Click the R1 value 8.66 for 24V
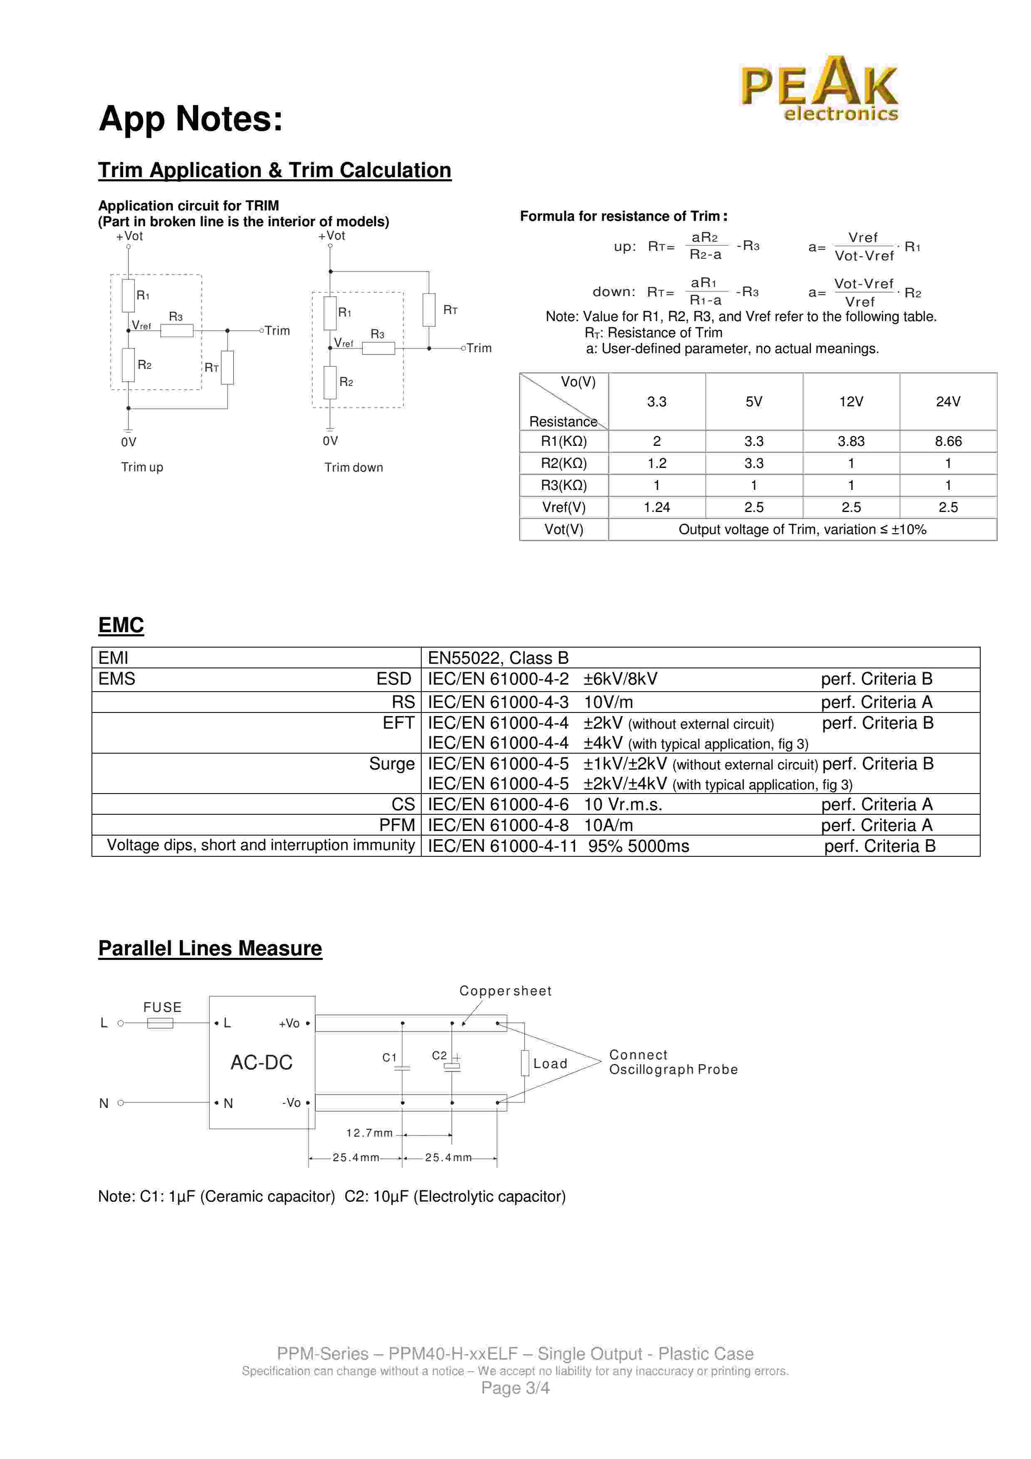point(948,441)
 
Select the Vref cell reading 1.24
point(656,507)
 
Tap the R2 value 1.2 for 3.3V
point(656,463)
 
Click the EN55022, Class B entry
point(498,658)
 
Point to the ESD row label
point(394,679)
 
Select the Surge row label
point(391,764)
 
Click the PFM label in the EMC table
point(397,825)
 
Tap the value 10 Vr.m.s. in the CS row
point(623,804)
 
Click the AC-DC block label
point(261,1063)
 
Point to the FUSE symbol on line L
point(160,1023)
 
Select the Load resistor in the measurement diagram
point(525,1063)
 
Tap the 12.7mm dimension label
point(369,1133)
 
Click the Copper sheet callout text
point(505,991)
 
